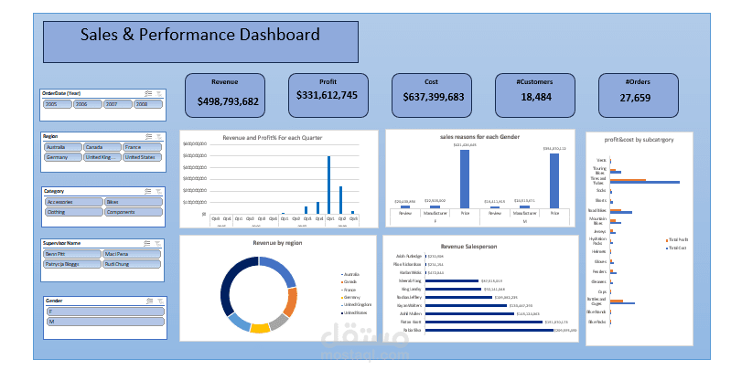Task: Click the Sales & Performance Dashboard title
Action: coord(200,36)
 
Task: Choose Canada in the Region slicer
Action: coord(102,146)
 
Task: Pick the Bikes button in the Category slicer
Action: coord(132,201)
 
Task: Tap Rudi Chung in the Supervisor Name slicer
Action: coord(132,263)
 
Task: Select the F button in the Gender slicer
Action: coord(103,312)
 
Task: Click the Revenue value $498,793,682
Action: coord(227,101)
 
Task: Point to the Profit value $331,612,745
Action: coord(327,95)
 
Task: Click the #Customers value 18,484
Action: coord(535,97)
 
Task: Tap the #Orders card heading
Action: coord(638,81)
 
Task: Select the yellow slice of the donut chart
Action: coord(260,327)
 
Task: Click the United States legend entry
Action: coord(355,313)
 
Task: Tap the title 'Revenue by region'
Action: coord(278,244)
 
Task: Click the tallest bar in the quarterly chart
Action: coord(328,184)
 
